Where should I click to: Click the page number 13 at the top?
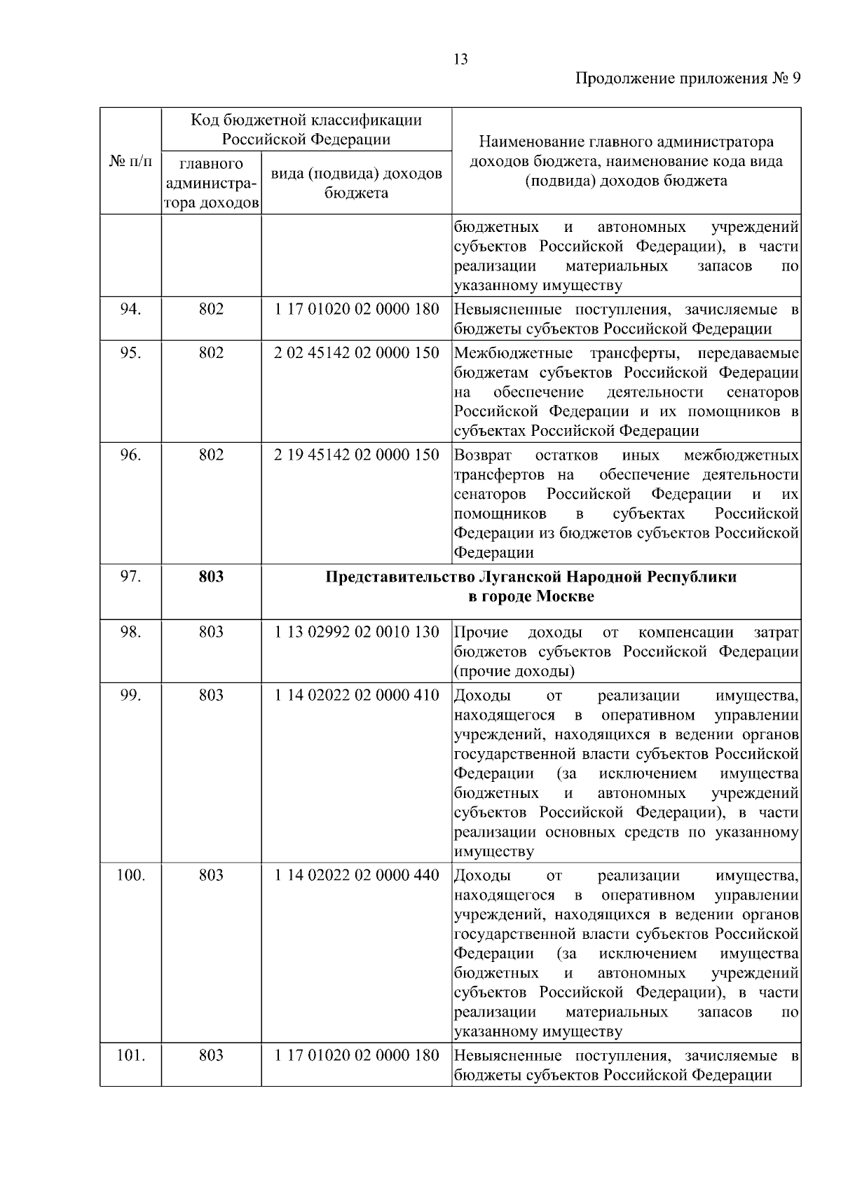(460, 60)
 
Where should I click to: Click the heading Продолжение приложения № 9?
(688, 78)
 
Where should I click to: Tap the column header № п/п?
(130, 161)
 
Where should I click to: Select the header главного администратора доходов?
(211, 184)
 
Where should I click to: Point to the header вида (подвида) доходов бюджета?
(356, 183)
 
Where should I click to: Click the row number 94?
(130, 309)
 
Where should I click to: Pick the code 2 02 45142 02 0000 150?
(356, 352)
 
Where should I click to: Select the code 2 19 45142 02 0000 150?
(356, 455)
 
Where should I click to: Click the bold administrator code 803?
(211, 577)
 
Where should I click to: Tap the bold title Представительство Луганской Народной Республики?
(531, 577)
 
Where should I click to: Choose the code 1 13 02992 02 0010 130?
(356, 632)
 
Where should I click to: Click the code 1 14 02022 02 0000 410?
(356, 695)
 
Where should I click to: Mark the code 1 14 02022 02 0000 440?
(356, 875)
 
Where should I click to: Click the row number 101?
(130, 1055)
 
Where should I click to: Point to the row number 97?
(130, 577)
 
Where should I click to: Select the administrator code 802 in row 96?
(211, 455)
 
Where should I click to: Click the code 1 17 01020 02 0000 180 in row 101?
(356, 1055)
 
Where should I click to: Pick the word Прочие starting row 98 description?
(481, 632)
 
